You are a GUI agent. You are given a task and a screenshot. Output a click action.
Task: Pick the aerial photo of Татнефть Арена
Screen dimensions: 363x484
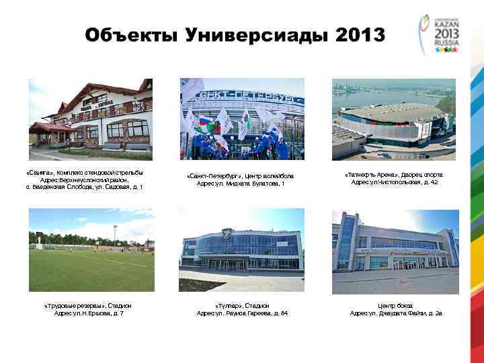394,115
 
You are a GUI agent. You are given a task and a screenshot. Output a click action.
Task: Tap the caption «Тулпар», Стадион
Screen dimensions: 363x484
241,306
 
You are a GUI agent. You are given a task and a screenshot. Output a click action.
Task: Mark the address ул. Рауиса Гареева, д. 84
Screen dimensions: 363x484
241,314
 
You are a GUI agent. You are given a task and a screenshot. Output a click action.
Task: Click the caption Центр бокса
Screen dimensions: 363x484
396,306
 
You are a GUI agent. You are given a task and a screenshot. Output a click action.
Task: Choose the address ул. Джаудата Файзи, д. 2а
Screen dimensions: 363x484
396,314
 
